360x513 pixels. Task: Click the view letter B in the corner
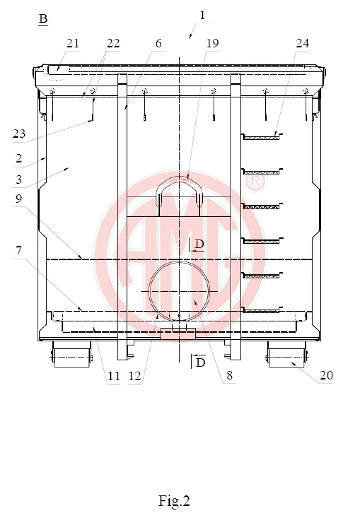point(43,18)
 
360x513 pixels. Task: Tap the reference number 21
point(72,43)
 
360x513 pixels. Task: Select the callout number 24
point(302,43)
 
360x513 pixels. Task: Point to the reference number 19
point(212,43)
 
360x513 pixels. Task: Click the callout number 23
point(19,133)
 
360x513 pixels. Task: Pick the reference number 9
point(19,198)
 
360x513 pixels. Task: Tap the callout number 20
point(326,375)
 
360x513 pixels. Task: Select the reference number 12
point(134,376)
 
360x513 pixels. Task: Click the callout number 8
point(230,375)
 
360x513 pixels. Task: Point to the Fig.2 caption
point(174,501)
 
